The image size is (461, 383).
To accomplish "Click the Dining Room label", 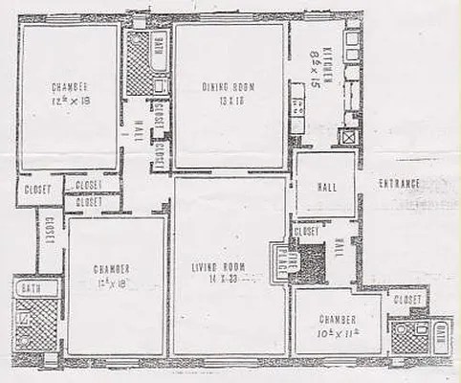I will point(227,87).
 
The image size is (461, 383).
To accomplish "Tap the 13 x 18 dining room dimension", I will point(226,100).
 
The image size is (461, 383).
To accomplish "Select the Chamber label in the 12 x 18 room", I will point(113,267).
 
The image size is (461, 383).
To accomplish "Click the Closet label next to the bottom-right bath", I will point(406,300).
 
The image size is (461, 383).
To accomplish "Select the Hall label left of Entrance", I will point(325,183).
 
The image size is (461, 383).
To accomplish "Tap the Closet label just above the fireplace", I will point(307,231).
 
